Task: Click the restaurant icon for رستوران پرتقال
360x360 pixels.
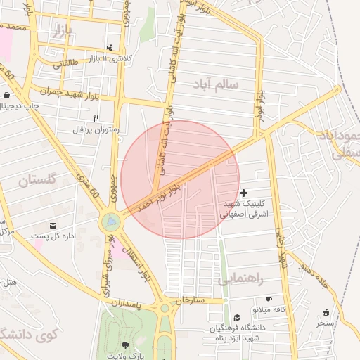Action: [96, 119]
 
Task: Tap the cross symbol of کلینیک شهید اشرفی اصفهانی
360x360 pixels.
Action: [243, 193]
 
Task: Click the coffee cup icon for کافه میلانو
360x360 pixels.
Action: [269, 300]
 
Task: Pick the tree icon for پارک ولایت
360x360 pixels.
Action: [125, 345]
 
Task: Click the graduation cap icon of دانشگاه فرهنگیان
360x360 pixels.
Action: [237, 318]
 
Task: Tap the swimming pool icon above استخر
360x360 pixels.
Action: [326, 312]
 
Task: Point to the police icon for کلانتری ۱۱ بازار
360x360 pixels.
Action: [110, 47]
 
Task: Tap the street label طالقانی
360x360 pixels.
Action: [67, 63]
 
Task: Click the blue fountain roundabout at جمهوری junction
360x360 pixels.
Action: [110, 222]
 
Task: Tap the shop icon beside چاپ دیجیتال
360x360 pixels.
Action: [6, 95]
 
